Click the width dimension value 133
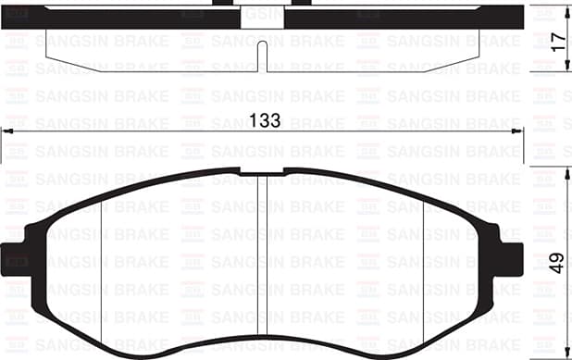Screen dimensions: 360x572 pos(267,121)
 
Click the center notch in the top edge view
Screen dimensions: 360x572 pos(267,57)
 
